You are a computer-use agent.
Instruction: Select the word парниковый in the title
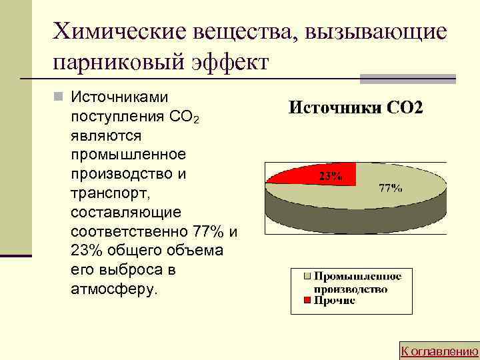(112, 63)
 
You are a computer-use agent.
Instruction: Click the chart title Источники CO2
(355, 108)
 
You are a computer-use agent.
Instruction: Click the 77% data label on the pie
(390, 188)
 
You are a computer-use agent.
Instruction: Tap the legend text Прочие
(335, 301)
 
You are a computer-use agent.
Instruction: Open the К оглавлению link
(439, 351)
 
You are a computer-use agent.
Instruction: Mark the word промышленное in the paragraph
(127, 155)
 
